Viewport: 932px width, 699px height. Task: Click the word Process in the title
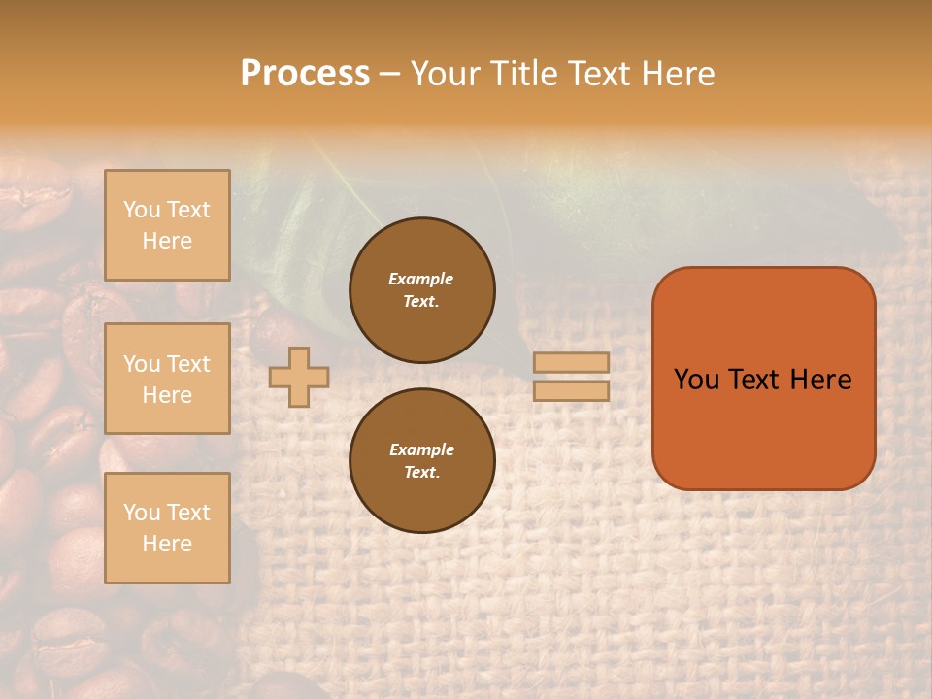pyautogui.click(x=305, y=73)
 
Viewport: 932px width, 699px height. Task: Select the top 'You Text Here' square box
pyautogui.click(x=167, y=225)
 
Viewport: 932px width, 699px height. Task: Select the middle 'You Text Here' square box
pyautogui.click(x=167, y=379)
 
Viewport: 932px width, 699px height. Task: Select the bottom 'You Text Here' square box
pyautogui.click(x=167, y=528)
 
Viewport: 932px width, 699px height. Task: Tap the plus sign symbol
pyautogui.click(x=299, y=377)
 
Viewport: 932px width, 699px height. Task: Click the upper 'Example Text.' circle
pyautogui.click(x=421, y=289)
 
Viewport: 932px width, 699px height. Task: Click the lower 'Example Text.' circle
pyautogui.click(x=421, y=460)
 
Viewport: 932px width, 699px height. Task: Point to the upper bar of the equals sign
pyautogui.click(x=572, y=363)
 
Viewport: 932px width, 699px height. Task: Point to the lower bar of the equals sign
pyautogui.click(x=572, y=390)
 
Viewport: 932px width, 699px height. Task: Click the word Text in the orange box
pyautogui.click(x=754, y=380)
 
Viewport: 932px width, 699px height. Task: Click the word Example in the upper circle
pyautogui.click(x=420, y=279)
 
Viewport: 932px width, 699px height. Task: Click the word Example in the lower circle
pyautogui.click(x=421, y=449)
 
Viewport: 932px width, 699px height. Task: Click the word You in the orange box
pyautogui.click(x=697, y=380)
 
